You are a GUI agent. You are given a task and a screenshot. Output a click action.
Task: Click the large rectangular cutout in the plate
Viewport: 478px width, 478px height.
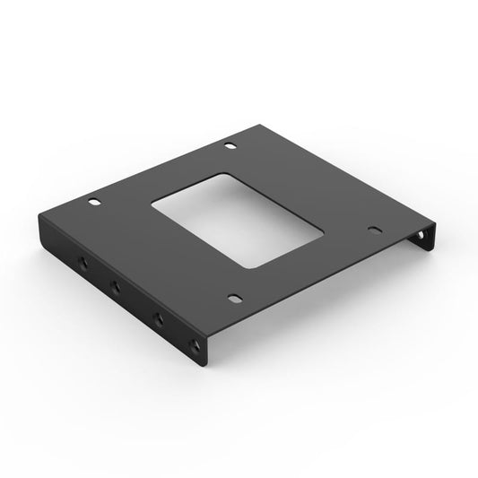point(238,220)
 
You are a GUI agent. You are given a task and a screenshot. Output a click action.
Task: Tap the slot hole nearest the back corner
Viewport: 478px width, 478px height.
point(230,145)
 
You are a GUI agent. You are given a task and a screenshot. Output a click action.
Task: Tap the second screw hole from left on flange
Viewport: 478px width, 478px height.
point(116,287)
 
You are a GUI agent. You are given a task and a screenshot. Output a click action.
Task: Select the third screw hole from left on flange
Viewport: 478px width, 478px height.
point(158,317)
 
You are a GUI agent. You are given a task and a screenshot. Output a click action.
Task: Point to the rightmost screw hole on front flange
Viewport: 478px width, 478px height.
point(196,345)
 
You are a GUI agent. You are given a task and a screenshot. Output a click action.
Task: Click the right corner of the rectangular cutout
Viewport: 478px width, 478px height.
point(323,235)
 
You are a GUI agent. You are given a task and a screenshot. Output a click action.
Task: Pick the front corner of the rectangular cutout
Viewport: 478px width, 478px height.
point(252,267)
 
